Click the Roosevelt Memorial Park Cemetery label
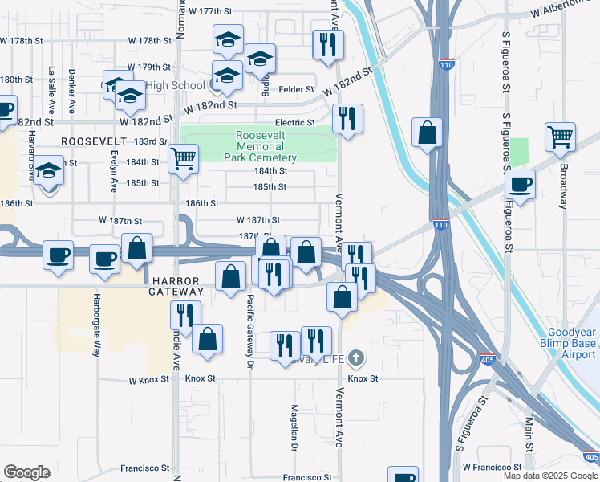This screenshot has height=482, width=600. point(266,147)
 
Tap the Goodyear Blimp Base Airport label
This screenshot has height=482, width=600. point(572,343)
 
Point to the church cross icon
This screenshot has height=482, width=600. point(355,357)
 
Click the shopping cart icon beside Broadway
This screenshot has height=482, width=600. point(560,137)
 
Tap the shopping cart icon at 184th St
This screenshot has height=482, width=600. point(183,158)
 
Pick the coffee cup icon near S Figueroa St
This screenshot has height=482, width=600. point(520,186)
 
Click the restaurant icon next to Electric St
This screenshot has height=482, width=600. point(347,119)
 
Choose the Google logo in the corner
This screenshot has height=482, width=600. point(26,472)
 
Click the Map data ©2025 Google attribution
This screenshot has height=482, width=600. point(550,476)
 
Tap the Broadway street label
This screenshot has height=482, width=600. point(564,187)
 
